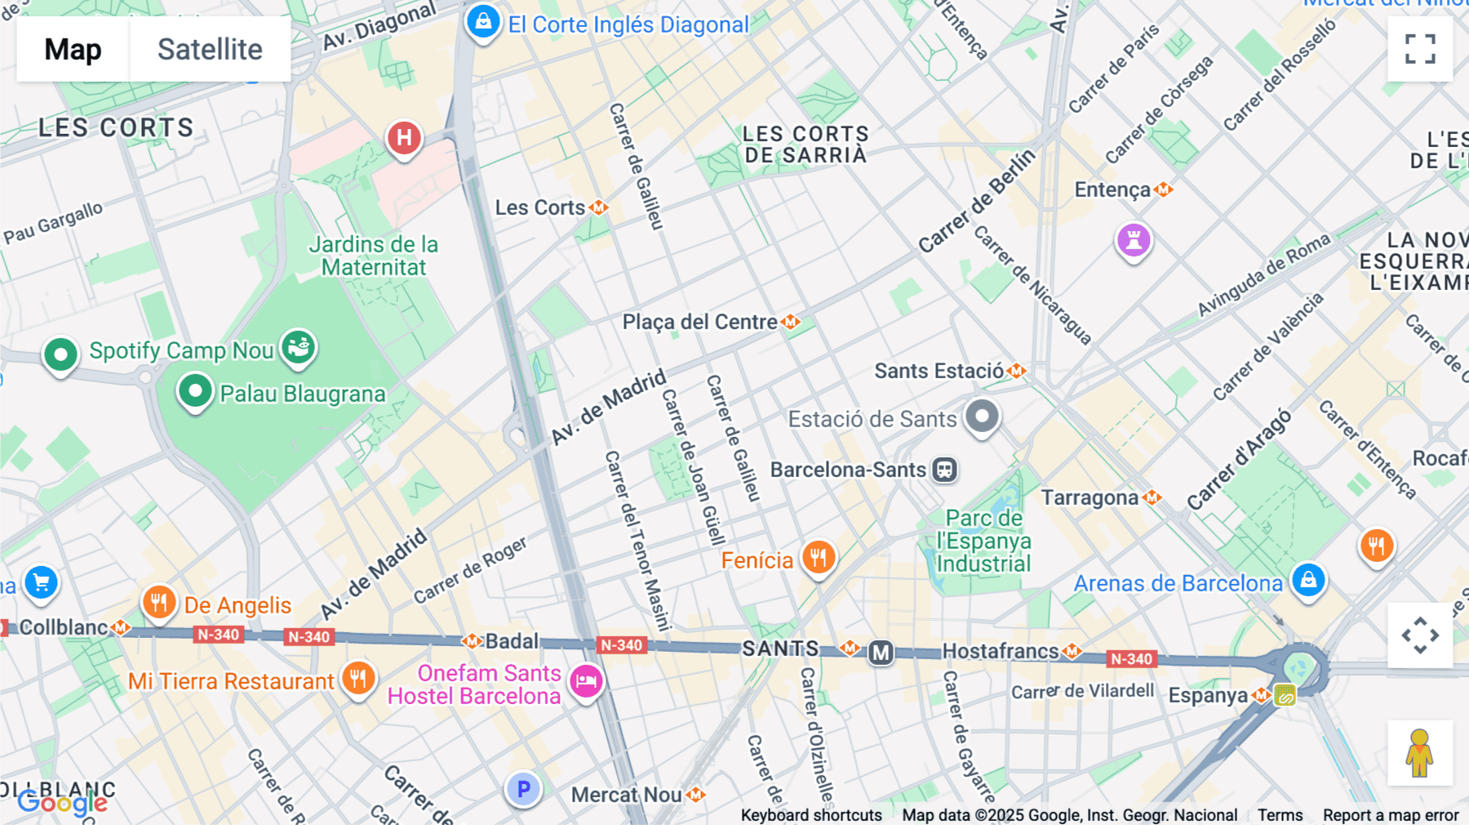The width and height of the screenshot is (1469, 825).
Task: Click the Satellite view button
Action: click(x=210, y=49)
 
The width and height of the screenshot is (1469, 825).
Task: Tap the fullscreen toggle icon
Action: click(x=1420, y=49)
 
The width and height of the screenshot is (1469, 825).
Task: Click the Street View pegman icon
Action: click(x=1420, y=752)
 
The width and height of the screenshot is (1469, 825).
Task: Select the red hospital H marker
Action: click(x=404, y=138)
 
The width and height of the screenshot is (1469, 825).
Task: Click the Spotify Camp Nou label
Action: click(x=181, y=350)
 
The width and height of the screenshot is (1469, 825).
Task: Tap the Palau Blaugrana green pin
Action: click(x=195, y=391)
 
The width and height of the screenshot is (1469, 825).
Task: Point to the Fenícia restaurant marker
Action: click(x=818, y=557)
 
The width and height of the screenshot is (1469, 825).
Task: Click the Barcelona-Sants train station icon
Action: click(x=945, y=470)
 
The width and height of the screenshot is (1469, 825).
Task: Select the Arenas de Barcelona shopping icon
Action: click(x=1308, y=580)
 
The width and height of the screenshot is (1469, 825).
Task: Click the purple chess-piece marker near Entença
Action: click(x=1134, y=240)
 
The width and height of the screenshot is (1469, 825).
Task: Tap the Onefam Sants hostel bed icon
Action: click(x=586, y=680)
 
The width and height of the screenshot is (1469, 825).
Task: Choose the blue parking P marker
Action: click(x=523, y=789)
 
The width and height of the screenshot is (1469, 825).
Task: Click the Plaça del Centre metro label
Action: click(x=699, y=322)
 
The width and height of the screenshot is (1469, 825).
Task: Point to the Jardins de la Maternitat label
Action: click(x=374, y=256)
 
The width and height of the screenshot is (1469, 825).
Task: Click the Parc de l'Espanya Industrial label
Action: click(x=983, y=541)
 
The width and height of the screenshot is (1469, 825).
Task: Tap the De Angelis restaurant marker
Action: click(x=159, y=603)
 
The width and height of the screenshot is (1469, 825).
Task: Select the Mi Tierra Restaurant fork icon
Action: click(x=357, y=678)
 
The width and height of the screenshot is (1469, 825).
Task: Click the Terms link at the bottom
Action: click(x=1280, y=814)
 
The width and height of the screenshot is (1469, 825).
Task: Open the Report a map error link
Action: click(x=1390, y=814)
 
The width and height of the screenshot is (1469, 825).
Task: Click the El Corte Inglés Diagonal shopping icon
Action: click(x=483, y=21)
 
